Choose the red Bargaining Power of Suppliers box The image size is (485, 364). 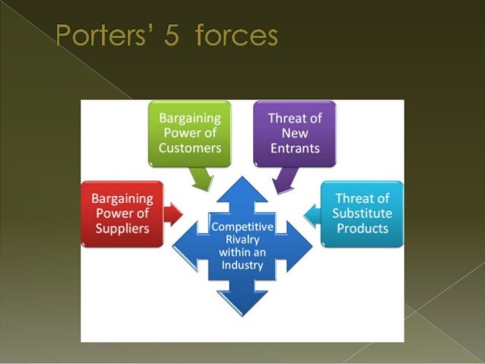122,214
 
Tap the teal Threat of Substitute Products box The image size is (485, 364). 362,214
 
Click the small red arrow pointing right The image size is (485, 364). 173,214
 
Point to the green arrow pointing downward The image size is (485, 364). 201,179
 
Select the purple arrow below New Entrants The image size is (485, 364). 283,181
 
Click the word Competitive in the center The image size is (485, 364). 241,227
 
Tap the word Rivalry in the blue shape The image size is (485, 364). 241,240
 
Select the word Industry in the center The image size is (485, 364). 241,265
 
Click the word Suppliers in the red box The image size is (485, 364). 122,229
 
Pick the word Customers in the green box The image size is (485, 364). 189,147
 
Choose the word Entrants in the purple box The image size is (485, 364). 293,147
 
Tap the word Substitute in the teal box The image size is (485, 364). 362,214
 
